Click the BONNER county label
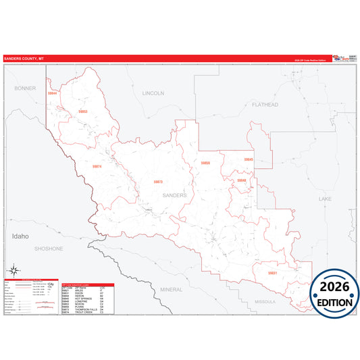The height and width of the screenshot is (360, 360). pyautogui.click(x=24, y=88)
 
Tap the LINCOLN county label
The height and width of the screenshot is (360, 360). pyautogui.click(x=153, y=93)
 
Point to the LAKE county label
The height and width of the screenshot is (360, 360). pyautogui.click(x=326, y=199)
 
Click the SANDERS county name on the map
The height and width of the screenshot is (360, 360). pyautogui.click(x=174, y=195)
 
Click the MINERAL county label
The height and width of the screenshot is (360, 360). pyautogui.click(x=171, y=289)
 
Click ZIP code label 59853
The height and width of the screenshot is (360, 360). pyautogui.click(x=83, y=111)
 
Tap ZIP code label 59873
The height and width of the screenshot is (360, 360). pyautogui.click(x=158, y=182)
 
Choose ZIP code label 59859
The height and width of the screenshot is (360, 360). pyautogui.click(x=205, y=163)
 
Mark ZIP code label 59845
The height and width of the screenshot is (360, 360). pyautogui.click(x=249, y=159)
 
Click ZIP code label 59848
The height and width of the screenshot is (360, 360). pyautogui.click(x=241, y=180)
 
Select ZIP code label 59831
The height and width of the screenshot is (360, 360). pyautogui.click(x=272, y=273)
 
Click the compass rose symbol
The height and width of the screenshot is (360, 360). pyautogui.click(x=13, y=272)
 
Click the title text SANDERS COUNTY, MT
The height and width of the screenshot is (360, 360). pyautogui.click(x=24, y=58)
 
